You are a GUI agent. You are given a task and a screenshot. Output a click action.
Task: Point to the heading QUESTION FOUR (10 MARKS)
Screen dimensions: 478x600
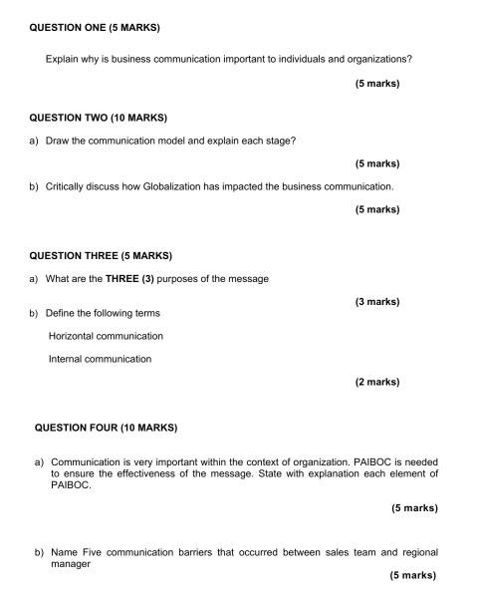[x=106, y=428]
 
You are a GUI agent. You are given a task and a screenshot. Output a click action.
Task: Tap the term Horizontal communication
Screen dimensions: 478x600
[x=106, y=336]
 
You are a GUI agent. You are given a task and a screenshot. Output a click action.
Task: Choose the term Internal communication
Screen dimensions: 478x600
[x=100, y=359]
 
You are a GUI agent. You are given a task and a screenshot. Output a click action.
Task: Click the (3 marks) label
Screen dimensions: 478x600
[x=376, y=301]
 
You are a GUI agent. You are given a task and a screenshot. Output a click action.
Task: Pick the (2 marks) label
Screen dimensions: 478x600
[x=376, y=382]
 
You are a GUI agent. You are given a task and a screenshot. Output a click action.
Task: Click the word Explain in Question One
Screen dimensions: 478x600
[x=64, y=59]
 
